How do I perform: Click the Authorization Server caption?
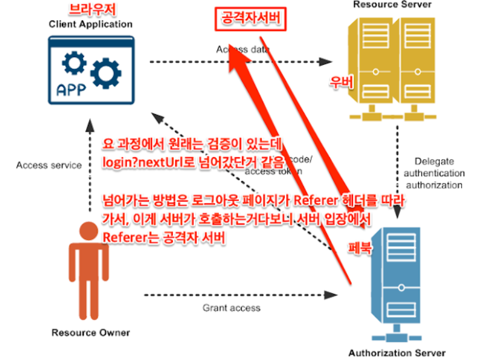pyautogui.click(x=397, y=353)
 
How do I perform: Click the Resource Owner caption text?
pyautogui.click(x=90, y=333)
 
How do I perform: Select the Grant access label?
pyautogui.click(x=231, y=308)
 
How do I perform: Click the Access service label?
pyautogui.click(x=49, y=165)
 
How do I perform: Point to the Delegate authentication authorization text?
pyautogui.click(x=435, y=172)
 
